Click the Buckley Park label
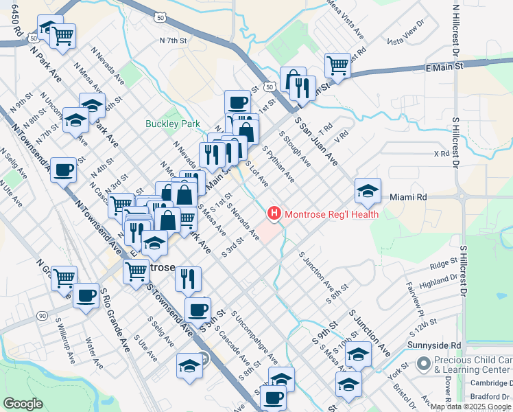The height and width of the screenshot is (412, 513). click(x=172, y=124)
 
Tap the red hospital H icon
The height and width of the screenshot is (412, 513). click(x=275, y=214)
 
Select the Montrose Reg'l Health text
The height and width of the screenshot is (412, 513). click(x=331, y=214)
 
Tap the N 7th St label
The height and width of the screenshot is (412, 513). click(x=173, y=41)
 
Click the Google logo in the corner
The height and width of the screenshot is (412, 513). click(x=23, y=404)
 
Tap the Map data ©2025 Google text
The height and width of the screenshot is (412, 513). click(x=470, y=407)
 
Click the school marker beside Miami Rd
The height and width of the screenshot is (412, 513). click(x=368, y=191)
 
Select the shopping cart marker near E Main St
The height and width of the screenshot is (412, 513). click(x=337, y=66)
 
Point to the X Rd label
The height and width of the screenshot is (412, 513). click(x=440, y=154)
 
